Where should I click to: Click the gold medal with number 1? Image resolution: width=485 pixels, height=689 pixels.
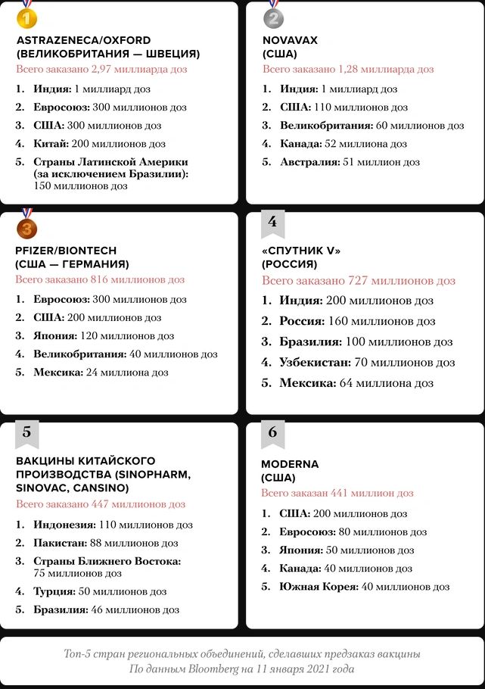click(x=26, y=16)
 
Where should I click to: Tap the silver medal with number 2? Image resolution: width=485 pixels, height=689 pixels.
click(x=273, y=16)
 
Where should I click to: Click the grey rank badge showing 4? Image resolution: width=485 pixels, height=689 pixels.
click(x=272, y=223)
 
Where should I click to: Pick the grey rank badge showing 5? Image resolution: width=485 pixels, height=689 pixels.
click(x=26, y=432)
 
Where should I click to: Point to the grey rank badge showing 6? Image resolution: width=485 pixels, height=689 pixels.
click(x=272, y=432)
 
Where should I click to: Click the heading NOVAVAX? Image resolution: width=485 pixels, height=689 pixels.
click(x=291, y=40)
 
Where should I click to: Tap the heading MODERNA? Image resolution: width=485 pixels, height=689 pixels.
click(x=290, y=464)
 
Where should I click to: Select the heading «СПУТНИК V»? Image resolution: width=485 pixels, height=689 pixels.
click(x=301, y=251)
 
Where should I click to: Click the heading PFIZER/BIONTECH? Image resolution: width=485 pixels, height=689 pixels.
click(x=66, y=251)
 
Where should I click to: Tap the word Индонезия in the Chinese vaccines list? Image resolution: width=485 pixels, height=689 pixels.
click(x=64, y=525)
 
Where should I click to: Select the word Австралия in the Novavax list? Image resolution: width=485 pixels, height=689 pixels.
click(x=309, y=162)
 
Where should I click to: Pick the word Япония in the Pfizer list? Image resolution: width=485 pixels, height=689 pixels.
click(x=54, y=335)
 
